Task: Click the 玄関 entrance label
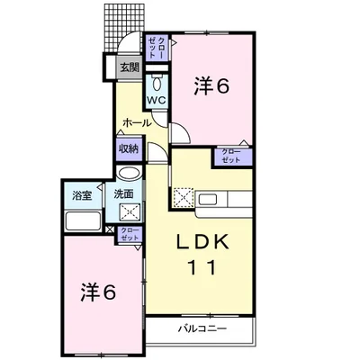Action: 130,67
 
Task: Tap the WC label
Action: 157,100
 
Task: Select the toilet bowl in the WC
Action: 157,83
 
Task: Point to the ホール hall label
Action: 137,122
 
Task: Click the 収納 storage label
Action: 130,148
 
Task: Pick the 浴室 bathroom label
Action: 82,195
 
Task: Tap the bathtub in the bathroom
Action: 83,221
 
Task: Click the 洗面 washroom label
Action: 123,194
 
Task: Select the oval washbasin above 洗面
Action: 130,174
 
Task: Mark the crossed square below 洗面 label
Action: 130,212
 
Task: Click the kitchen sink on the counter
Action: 208,200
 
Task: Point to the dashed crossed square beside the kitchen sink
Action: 184,197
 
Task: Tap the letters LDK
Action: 202,242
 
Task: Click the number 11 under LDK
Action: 202,268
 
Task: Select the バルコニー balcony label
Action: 202,329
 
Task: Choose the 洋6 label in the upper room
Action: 211,85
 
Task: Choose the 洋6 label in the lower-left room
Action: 98,292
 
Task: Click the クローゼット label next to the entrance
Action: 157,48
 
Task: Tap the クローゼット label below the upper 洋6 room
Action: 231,156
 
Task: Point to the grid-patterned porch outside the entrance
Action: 123,29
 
